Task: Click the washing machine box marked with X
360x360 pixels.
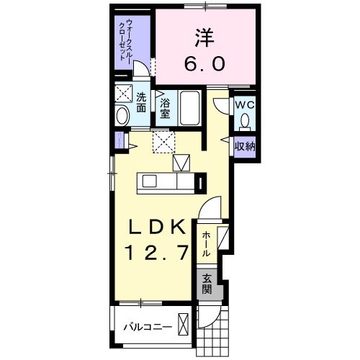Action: click(x=122, y=93)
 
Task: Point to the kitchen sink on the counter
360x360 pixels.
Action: click(x=149, y=181)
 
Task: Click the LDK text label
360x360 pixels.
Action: click(x=159, y=228)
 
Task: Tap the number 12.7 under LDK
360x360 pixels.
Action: click(x=159, y=253)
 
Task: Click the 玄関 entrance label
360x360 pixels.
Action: click(x=207, y=284)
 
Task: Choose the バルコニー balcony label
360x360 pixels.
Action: click(x=147, y=326)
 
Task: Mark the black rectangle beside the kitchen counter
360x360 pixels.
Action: click(x=201, y=181)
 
